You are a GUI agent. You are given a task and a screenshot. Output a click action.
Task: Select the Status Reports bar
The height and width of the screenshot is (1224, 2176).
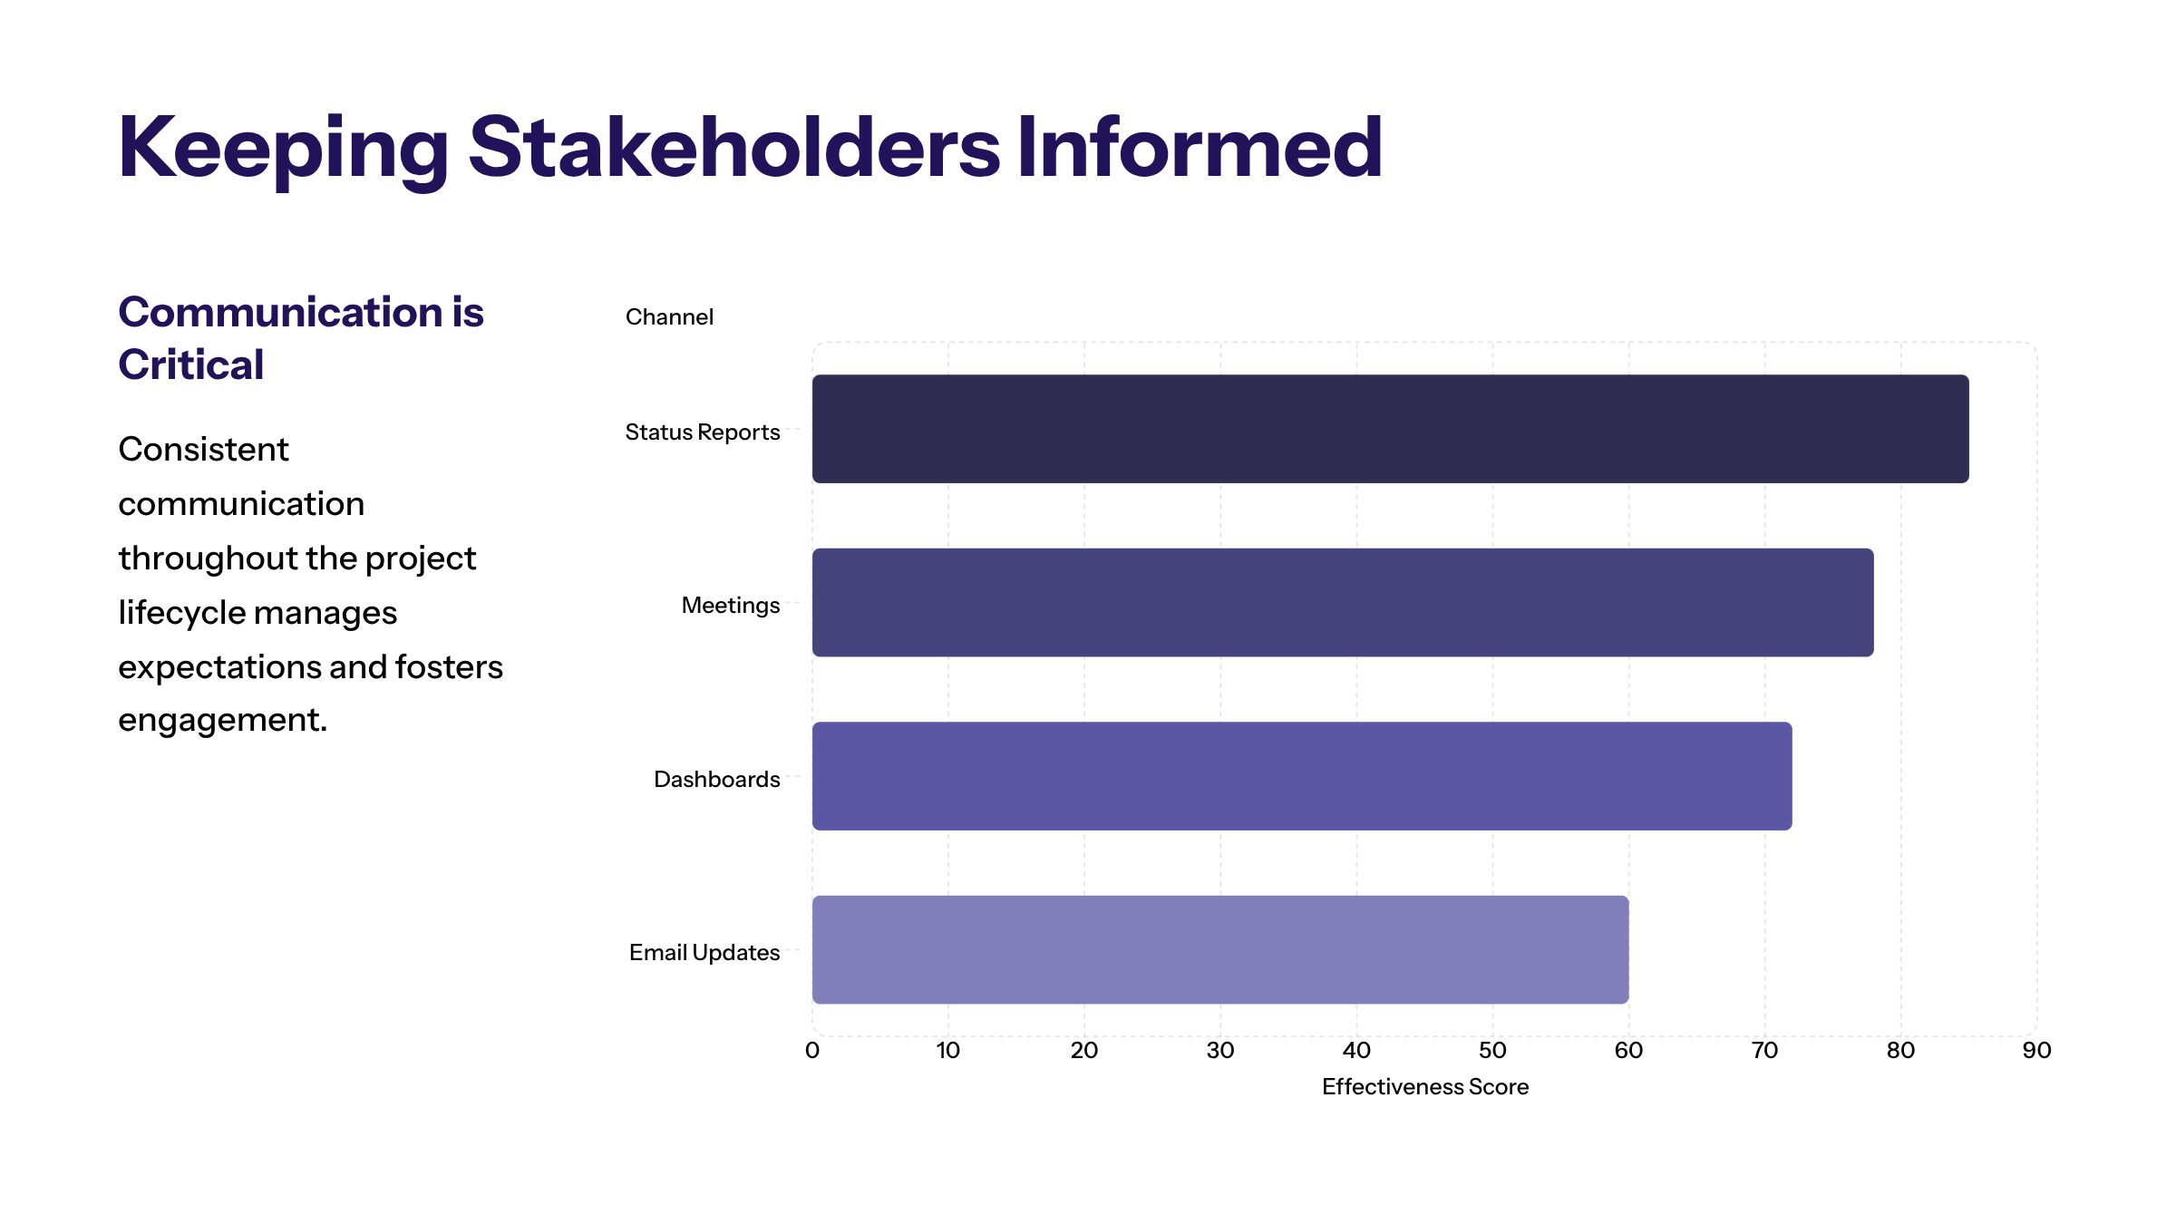click(x=1390, y=429)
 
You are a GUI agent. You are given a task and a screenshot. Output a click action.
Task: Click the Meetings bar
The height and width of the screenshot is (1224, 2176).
click(x=1342, y=602)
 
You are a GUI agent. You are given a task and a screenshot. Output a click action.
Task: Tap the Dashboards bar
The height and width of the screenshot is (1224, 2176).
click(x=1301, y=776)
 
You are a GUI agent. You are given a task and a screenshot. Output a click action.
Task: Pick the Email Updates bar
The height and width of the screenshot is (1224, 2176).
click(x=1219, y=949)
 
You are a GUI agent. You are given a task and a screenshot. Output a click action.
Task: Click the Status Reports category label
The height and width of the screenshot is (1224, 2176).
click(x=702, y=432)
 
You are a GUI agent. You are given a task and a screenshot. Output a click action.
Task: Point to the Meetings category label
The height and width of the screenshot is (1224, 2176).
click(x=730, y=606)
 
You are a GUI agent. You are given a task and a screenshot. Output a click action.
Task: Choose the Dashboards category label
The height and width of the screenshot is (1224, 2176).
click(x=716, y=780)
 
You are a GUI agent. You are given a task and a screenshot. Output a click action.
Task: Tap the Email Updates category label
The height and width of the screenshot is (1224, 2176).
click(x=704, y=953)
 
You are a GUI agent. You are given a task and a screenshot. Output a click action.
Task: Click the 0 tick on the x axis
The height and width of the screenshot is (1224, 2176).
click(x=812, y=1051)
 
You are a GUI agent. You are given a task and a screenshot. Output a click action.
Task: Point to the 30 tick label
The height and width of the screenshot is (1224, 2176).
click(x=1220, y=1051)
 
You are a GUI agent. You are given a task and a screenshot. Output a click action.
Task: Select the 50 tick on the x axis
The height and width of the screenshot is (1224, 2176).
click(x=1492, y=1051)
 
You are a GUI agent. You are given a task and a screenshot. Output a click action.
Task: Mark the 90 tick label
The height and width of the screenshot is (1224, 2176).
click(x=2036, y=1051)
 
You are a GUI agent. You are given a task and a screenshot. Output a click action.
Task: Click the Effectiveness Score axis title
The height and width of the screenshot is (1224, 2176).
click(x=1425, y=1087)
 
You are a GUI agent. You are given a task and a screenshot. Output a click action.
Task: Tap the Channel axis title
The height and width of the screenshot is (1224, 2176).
click(x=669, y=317)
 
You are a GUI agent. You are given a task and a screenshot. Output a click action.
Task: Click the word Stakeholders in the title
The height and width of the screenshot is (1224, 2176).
click(x=734, y=148)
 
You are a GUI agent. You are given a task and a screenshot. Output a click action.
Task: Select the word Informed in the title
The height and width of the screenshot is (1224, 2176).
click(x=1200, y=148)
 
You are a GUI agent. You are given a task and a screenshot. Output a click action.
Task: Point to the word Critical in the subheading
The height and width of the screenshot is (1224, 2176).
click(x=191, y=365)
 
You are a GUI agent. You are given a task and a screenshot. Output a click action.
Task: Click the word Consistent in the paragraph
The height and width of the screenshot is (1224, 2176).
click(x=203, y=450)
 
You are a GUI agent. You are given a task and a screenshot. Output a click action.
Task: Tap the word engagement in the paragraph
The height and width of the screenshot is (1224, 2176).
click(x=222, y=721)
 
